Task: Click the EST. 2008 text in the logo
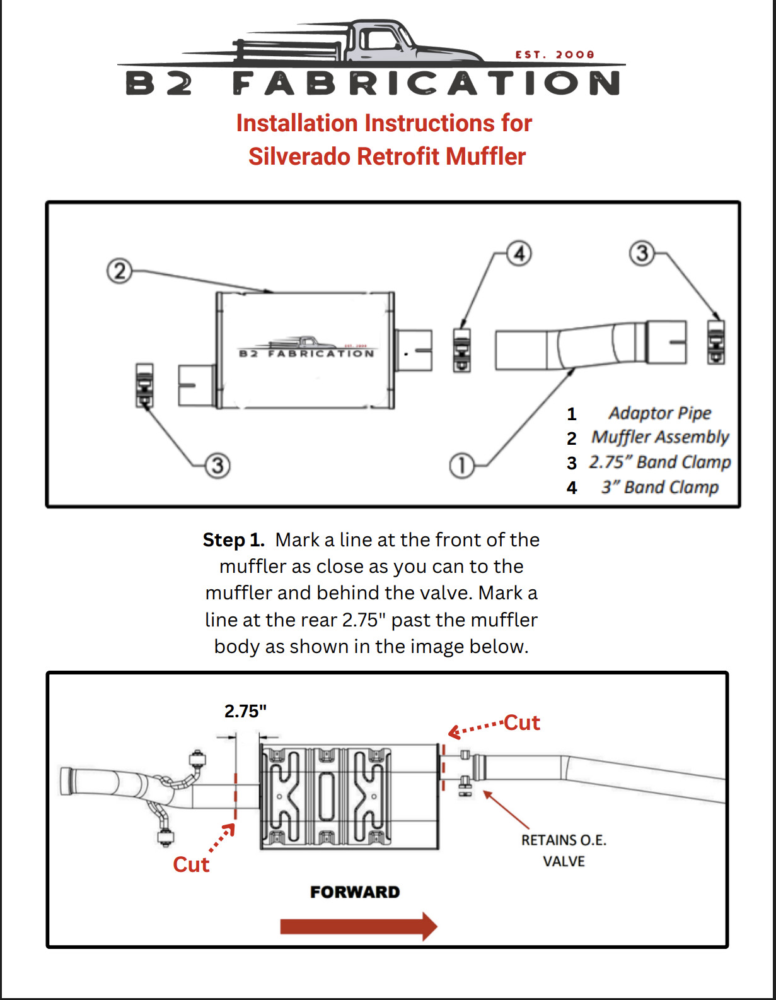(x=554, y=55)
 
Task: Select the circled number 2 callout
(x=119, y=271)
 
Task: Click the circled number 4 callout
(x=519, y=254)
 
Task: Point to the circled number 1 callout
(x=461, y=466)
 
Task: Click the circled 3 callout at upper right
(x=642, y=254)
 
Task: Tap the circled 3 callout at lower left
(x=217, y=466)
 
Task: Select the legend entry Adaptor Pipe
(x=659, y=413)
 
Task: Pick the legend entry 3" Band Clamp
(x=659, y=487)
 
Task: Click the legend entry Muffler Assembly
(x=659, y=437)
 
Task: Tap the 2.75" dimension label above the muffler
(x=245, y=711)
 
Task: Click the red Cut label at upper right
(x=521, y=722)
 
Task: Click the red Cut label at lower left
(x=191, y=864)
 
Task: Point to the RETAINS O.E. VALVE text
(x=564, y=850)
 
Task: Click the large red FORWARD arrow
(x=358, y=926)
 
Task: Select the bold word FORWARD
(x=355, y=892)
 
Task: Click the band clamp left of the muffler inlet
(x=144, y=385)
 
